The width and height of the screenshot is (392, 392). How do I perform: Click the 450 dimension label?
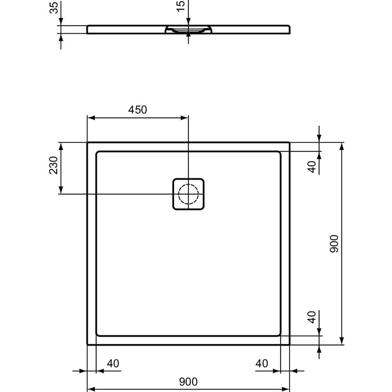click(x=138, y=110)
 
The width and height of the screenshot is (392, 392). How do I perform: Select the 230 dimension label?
click(x=54, y=165)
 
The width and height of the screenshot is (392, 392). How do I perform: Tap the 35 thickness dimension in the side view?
click(x=54, y=7)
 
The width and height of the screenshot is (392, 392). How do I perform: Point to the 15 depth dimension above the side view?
click(x=180, y=6)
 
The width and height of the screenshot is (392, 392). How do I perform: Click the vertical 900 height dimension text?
click(x=334, y=243)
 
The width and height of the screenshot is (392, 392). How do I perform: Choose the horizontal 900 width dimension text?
click(x=188, y=381)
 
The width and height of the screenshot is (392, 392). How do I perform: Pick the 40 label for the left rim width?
click(x=113, y=363)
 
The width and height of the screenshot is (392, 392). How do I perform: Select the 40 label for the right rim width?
click(x=261, y=363)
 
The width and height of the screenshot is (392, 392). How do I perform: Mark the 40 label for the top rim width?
click(x=312, y=166)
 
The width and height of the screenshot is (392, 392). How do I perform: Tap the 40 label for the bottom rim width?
click(x=312, y=317)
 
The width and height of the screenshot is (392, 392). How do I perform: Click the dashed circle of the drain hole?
click(x=189, y=194)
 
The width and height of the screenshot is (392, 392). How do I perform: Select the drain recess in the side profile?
click(x=189, y=30)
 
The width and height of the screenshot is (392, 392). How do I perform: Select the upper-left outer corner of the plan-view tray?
click(x=87, y=143)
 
